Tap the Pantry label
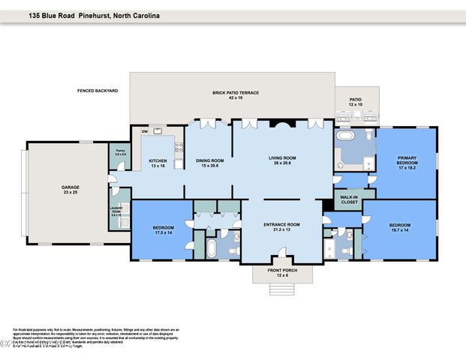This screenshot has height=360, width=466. click(119, 152)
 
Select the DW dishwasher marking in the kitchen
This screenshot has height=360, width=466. click(144, 132)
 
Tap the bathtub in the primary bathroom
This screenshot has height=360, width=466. click(346, 137)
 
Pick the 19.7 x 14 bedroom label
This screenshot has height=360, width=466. click(398, 227)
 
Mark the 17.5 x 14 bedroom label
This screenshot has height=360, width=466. click(163, 229)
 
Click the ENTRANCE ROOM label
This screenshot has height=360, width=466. click(282, 226)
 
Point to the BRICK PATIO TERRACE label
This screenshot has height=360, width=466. click(235, 94)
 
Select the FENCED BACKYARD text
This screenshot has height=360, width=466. click(98, 91)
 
